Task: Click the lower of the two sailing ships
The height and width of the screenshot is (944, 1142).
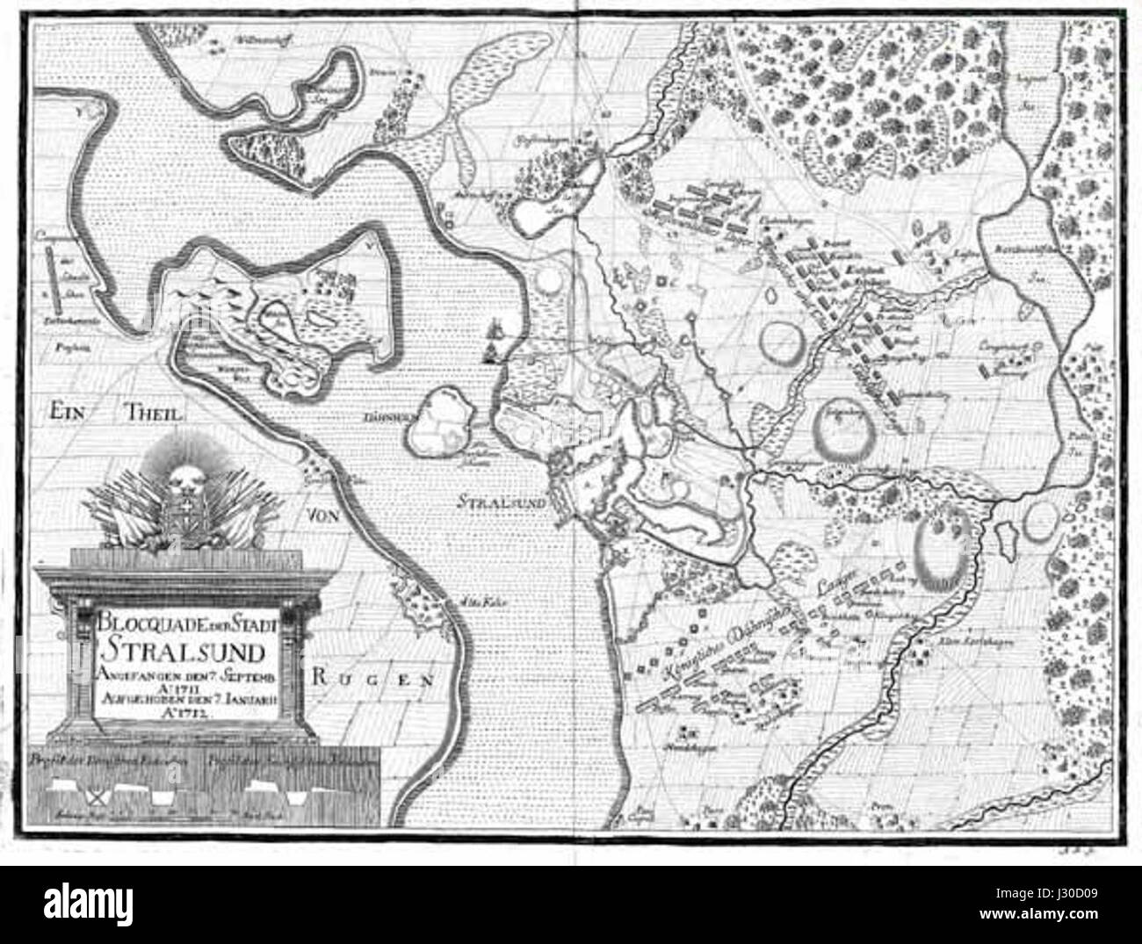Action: tap(488, 353)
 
